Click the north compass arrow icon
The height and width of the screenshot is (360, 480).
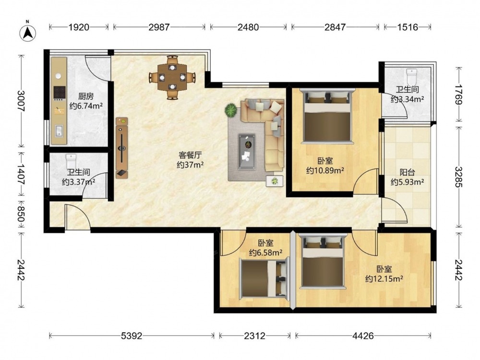pyautogui.click(x=27, y=33)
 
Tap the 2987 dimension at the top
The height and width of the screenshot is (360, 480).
pyautogui.click(x=159, y=27)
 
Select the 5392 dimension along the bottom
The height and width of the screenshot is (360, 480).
pyautogui.click(x=132, y=336)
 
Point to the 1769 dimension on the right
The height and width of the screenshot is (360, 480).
pyautogui.click(x=458, y=95)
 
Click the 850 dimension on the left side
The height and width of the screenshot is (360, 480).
pyautogui.click(x=21, y=214)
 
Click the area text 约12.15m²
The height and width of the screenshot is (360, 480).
pyautogui.click(x=384, y=279)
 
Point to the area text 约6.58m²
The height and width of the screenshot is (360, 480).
pyautogui.click(x=265, y=252)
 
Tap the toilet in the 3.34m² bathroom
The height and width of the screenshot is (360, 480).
pyautogui.click(x=412, y=77)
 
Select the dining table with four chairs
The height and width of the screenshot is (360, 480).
pyautogui.click(x=172, y=77)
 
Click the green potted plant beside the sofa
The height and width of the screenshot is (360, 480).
pyautogui.click(x=231, y=110)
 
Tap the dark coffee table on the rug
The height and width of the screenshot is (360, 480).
pyautogui.click(x=247, y=151)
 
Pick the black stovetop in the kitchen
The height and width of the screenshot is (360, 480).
pyautogui.click(x=60, y=93)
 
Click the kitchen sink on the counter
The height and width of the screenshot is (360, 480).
pyautogui.click(x=59, y=131)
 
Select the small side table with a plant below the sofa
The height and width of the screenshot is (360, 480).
pyautogui.click(x=275, y=181)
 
